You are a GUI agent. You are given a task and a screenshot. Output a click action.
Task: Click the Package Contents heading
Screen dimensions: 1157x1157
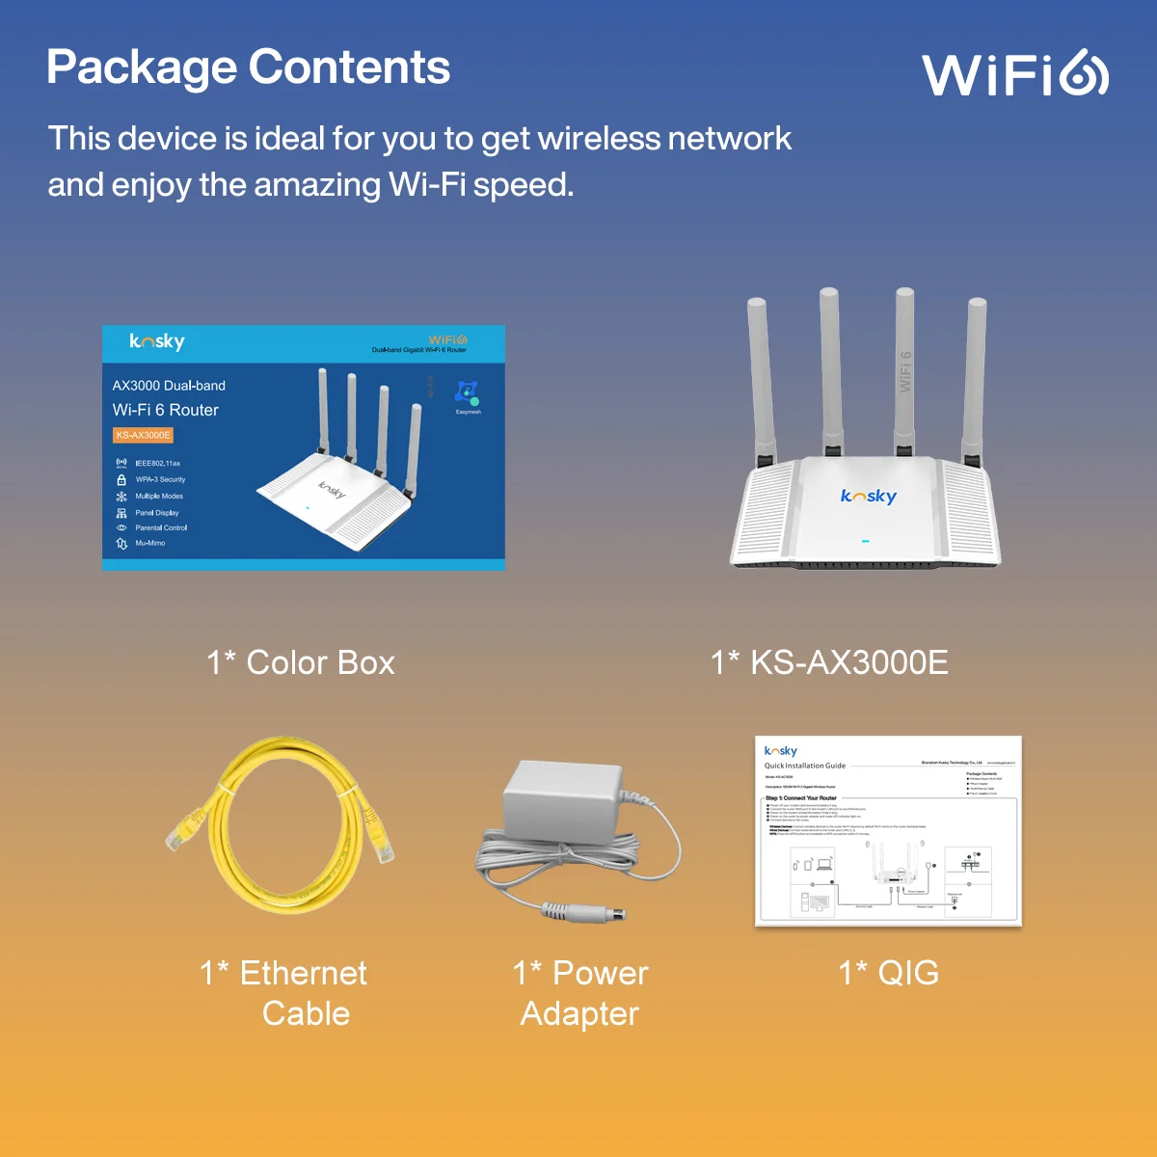coord(248,67)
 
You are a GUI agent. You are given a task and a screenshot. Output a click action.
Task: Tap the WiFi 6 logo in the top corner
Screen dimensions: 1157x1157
coord(1014,73)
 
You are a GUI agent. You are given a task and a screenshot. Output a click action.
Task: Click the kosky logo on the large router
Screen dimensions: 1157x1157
coord(868,496)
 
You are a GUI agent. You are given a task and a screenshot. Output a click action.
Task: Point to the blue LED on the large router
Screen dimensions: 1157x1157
coord(865,541)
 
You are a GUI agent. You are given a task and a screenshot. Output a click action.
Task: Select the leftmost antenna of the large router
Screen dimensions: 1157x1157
coord(759,376)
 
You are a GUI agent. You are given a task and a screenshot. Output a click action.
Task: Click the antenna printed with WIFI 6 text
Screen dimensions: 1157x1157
coord(904,371)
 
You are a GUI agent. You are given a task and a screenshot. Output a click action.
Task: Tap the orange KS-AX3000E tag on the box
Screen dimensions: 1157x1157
coord(143,436)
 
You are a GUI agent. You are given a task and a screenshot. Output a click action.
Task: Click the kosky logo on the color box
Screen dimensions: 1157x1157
coord(157,341)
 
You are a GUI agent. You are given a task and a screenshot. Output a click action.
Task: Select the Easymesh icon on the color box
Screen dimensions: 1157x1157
coord(468,394)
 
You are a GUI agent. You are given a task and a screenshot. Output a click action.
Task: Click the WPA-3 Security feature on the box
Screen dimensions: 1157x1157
coord(159,479)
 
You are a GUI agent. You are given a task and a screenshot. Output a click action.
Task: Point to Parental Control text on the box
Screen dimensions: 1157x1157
coord(161,528)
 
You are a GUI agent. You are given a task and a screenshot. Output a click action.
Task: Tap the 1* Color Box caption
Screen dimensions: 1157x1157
coord(301,663)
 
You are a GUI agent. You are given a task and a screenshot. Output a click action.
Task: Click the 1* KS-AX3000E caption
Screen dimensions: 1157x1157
coord(829,663)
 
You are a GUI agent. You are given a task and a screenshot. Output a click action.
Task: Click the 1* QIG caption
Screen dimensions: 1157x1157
coord(888,973)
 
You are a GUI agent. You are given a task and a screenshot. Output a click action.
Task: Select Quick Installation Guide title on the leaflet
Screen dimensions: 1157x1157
coord(805,766)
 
